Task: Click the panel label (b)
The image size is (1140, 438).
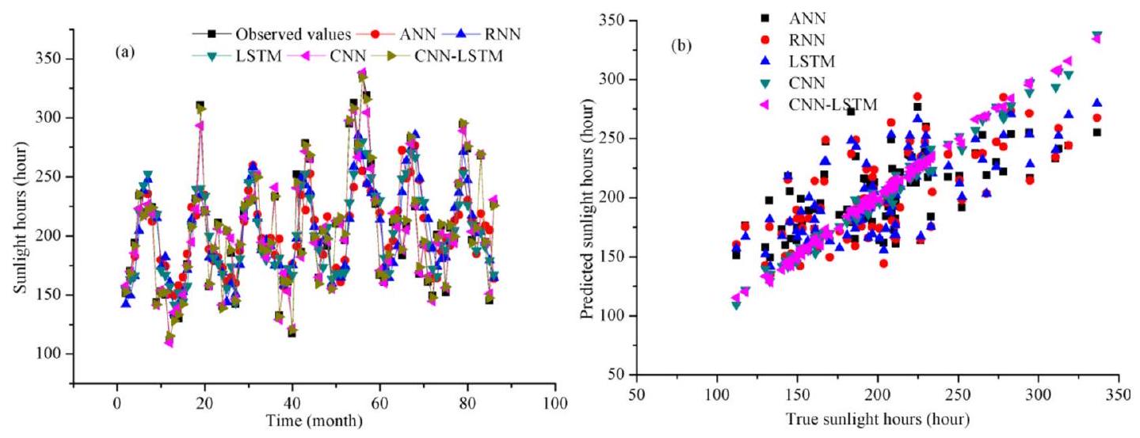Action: (x=681, y=46)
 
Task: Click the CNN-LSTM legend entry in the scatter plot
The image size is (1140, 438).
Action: (x=828, y=103)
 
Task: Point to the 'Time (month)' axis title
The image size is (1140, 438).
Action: (x=315, y=420)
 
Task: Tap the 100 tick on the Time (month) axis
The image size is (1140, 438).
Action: (x=555, y=403)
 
